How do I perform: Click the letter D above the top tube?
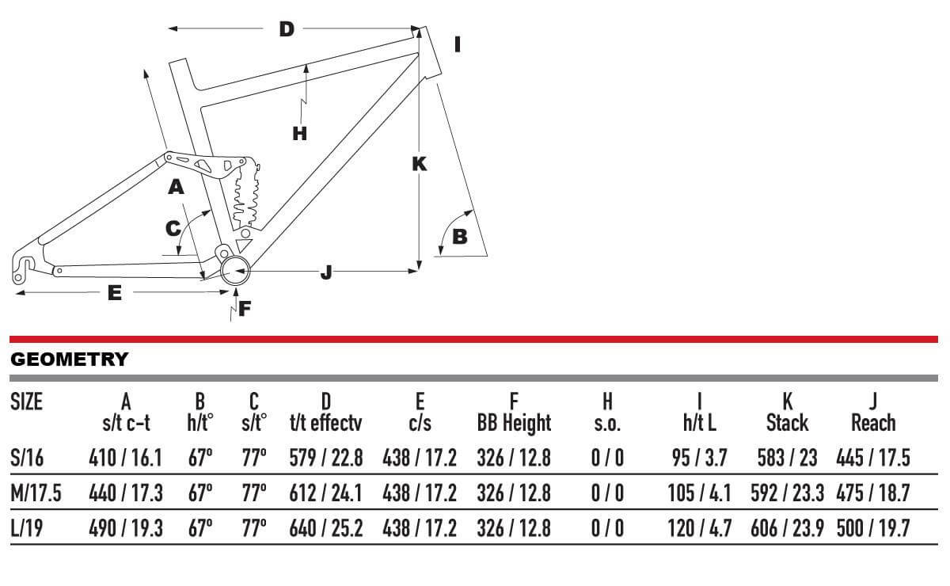point(287,29)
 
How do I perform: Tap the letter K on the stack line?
point(420,164)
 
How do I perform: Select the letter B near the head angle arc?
point(459,236)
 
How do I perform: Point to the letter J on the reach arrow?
point(326,272)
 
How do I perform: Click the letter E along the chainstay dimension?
point(114,293)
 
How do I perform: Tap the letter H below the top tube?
point(299,133)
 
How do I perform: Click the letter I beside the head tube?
point(457,44)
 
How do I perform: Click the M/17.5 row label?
point(36,493)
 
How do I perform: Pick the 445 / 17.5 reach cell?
point(873,458)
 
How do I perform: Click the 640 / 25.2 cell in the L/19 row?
point(326,528)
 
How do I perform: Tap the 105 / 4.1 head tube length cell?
point(699,493)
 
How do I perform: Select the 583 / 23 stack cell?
point(787,458)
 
